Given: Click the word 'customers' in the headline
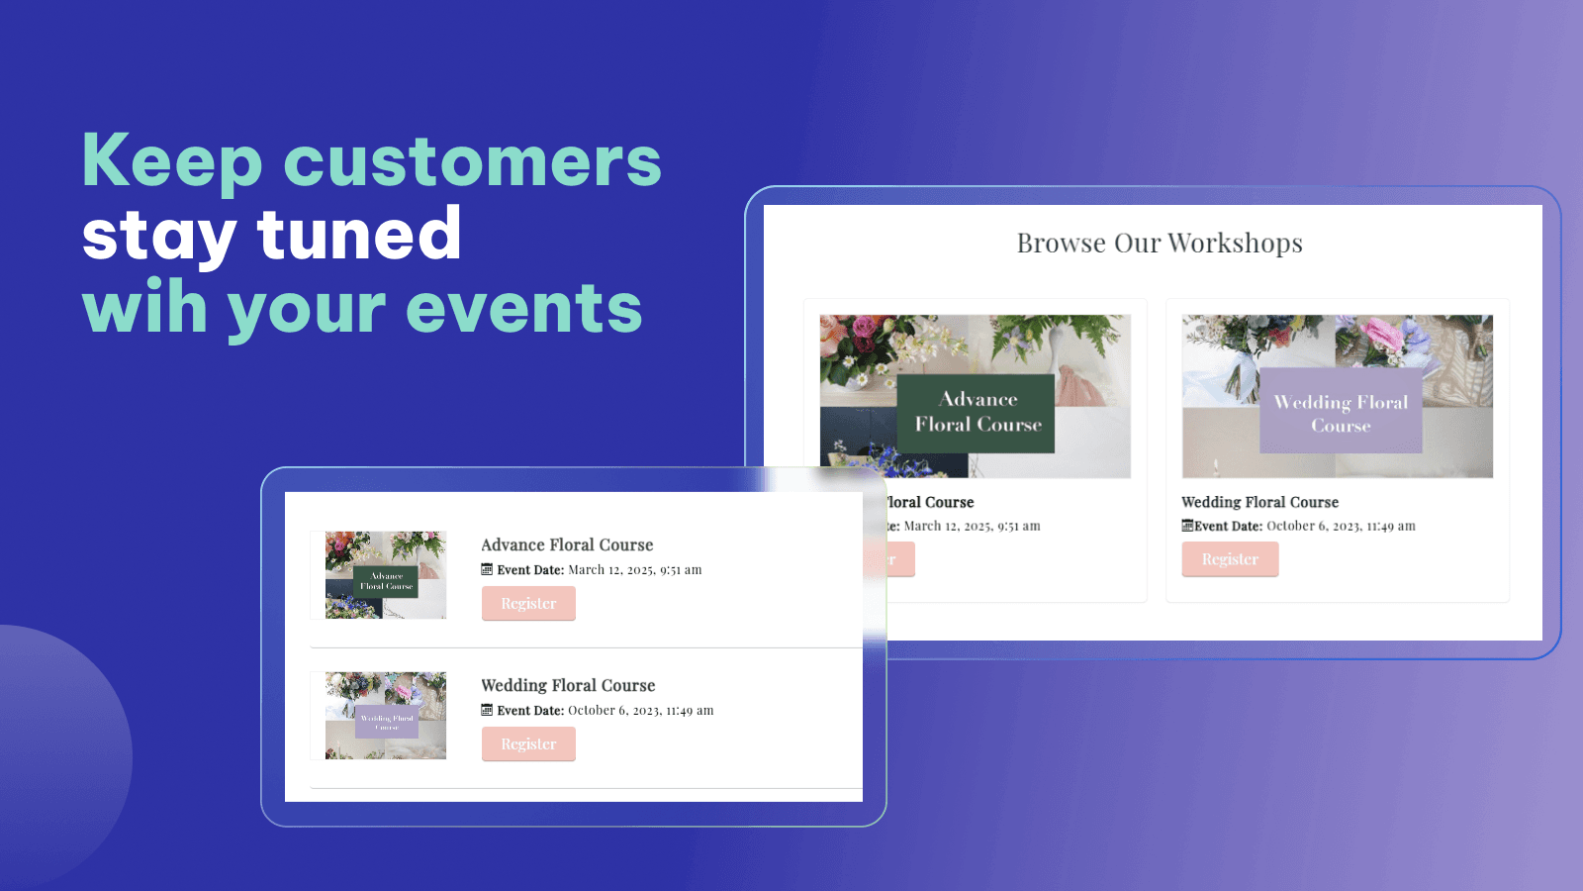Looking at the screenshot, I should point(472,161).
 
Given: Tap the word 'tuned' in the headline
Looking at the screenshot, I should point(359,235).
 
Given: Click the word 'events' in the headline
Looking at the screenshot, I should point(523,308).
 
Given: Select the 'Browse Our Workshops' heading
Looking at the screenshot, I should point(1160,244).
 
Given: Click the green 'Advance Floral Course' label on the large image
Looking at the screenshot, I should point(977,413).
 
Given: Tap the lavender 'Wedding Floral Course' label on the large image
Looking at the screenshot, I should point(1341,413).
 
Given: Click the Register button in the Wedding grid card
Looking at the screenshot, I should point(1230,559).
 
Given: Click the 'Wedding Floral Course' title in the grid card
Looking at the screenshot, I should point(1259,502).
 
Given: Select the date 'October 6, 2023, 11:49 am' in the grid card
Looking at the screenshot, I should point(1341,527).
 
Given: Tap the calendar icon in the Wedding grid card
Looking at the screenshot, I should point(1187,526).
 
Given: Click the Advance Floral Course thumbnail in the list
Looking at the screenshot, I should point(386,575).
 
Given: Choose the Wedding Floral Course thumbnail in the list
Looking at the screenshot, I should point(386,716).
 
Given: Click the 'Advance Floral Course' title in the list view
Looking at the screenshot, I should point(567,544).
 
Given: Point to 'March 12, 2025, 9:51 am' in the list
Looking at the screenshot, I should point(634,570).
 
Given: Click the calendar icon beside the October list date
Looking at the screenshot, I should point(487,710).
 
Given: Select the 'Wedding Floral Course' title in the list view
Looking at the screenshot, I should point(568,685).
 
